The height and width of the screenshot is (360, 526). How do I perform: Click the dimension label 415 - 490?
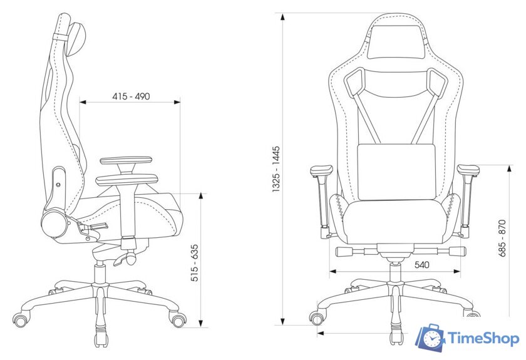coord(131,96)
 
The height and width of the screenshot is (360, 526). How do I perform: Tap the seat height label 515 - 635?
coord(195,263)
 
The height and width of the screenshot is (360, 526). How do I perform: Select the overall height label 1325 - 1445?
coord(276,169)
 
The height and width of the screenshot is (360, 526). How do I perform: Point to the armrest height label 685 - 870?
coord(502,238)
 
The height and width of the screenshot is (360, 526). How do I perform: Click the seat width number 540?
coord(421,265)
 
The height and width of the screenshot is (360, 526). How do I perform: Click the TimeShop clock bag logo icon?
coord(430,338)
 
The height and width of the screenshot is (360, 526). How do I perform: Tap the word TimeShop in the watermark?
coord(483,338)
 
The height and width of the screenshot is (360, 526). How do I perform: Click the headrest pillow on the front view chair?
coord(396,41)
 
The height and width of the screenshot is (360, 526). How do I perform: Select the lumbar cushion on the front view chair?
coord(396,172)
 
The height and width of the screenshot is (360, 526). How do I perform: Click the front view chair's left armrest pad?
coord(321,170)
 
